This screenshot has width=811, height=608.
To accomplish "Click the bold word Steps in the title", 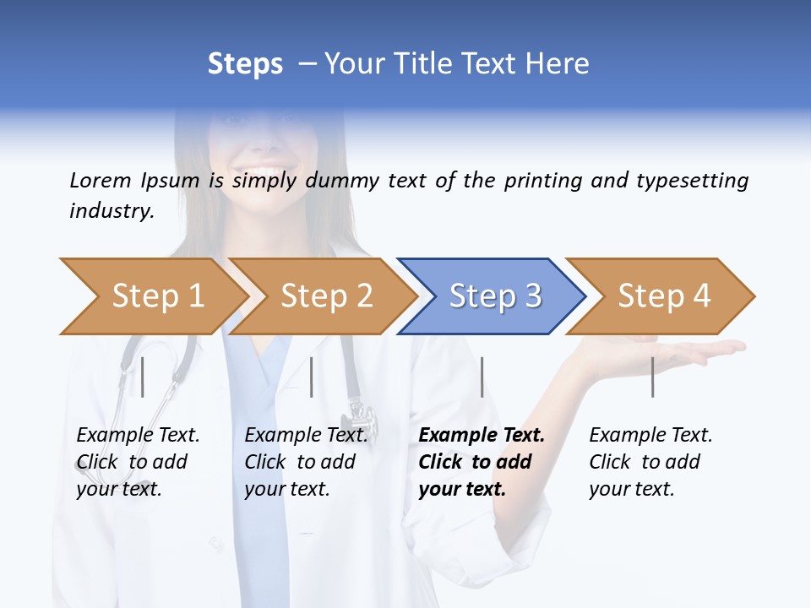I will coord(245,63).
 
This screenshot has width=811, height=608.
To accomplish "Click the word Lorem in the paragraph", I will coord(100,180).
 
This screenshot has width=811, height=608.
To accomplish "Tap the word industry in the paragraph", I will coord(112,210).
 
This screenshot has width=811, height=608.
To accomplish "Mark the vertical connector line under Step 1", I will coord(142,377).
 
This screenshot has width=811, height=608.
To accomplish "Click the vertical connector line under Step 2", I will coord(312,377).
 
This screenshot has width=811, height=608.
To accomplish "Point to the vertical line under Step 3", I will coord(482,377).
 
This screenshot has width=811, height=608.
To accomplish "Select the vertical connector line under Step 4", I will coord(652,377).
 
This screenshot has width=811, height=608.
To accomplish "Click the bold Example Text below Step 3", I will coord(482,435).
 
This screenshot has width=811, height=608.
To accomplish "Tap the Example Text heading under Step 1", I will coord(138,435).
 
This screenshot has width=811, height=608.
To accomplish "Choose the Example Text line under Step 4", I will coord(650,435).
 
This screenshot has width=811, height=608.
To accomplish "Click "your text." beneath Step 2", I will coord(286,489).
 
